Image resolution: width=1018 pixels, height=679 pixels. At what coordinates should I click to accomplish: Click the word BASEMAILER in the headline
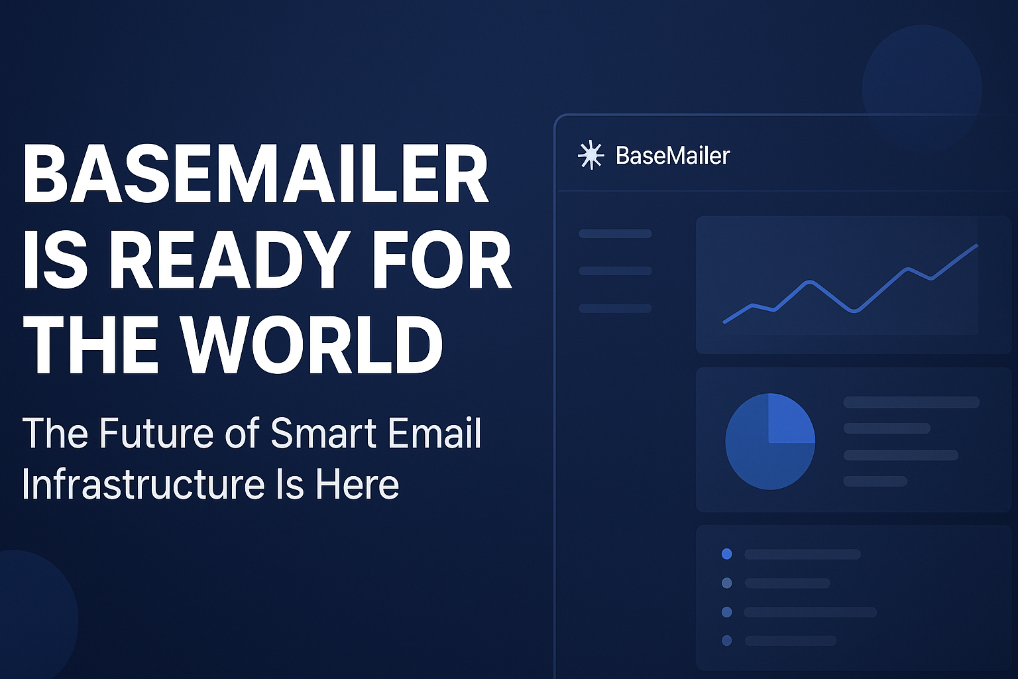[255, 174]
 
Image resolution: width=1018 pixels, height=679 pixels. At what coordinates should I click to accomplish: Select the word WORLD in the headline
[311, 345]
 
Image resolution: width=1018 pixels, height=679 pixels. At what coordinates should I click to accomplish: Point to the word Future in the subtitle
[156, 434]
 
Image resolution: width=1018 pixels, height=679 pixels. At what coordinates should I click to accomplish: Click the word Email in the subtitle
[434, 434]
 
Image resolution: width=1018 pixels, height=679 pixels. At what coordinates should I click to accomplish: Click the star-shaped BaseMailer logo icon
[590, 155]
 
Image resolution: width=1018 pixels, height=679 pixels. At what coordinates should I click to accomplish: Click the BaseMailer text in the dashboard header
[672, 156]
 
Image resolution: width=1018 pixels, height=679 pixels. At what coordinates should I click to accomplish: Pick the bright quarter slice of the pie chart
[790, 420]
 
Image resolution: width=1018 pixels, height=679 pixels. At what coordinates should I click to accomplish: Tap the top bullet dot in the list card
[726, 554]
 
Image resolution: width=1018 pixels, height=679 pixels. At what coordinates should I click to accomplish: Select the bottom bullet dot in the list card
[726, 641]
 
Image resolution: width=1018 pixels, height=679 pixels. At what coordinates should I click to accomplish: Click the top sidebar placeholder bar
[615, 233]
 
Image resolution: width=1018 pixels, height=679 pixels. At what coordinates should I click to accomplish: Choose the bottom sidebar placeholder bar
[615, 308]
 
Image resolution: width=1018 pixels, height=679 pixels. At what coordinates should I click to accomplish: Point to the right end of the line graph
[976, 246]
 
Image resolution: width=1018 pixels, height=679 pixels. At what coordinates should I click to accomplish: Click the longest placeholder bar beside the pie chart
[911, 402]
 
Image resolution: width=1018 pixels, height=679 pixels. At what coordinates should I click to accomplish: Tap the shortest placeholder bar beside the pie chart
[875, 481]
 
